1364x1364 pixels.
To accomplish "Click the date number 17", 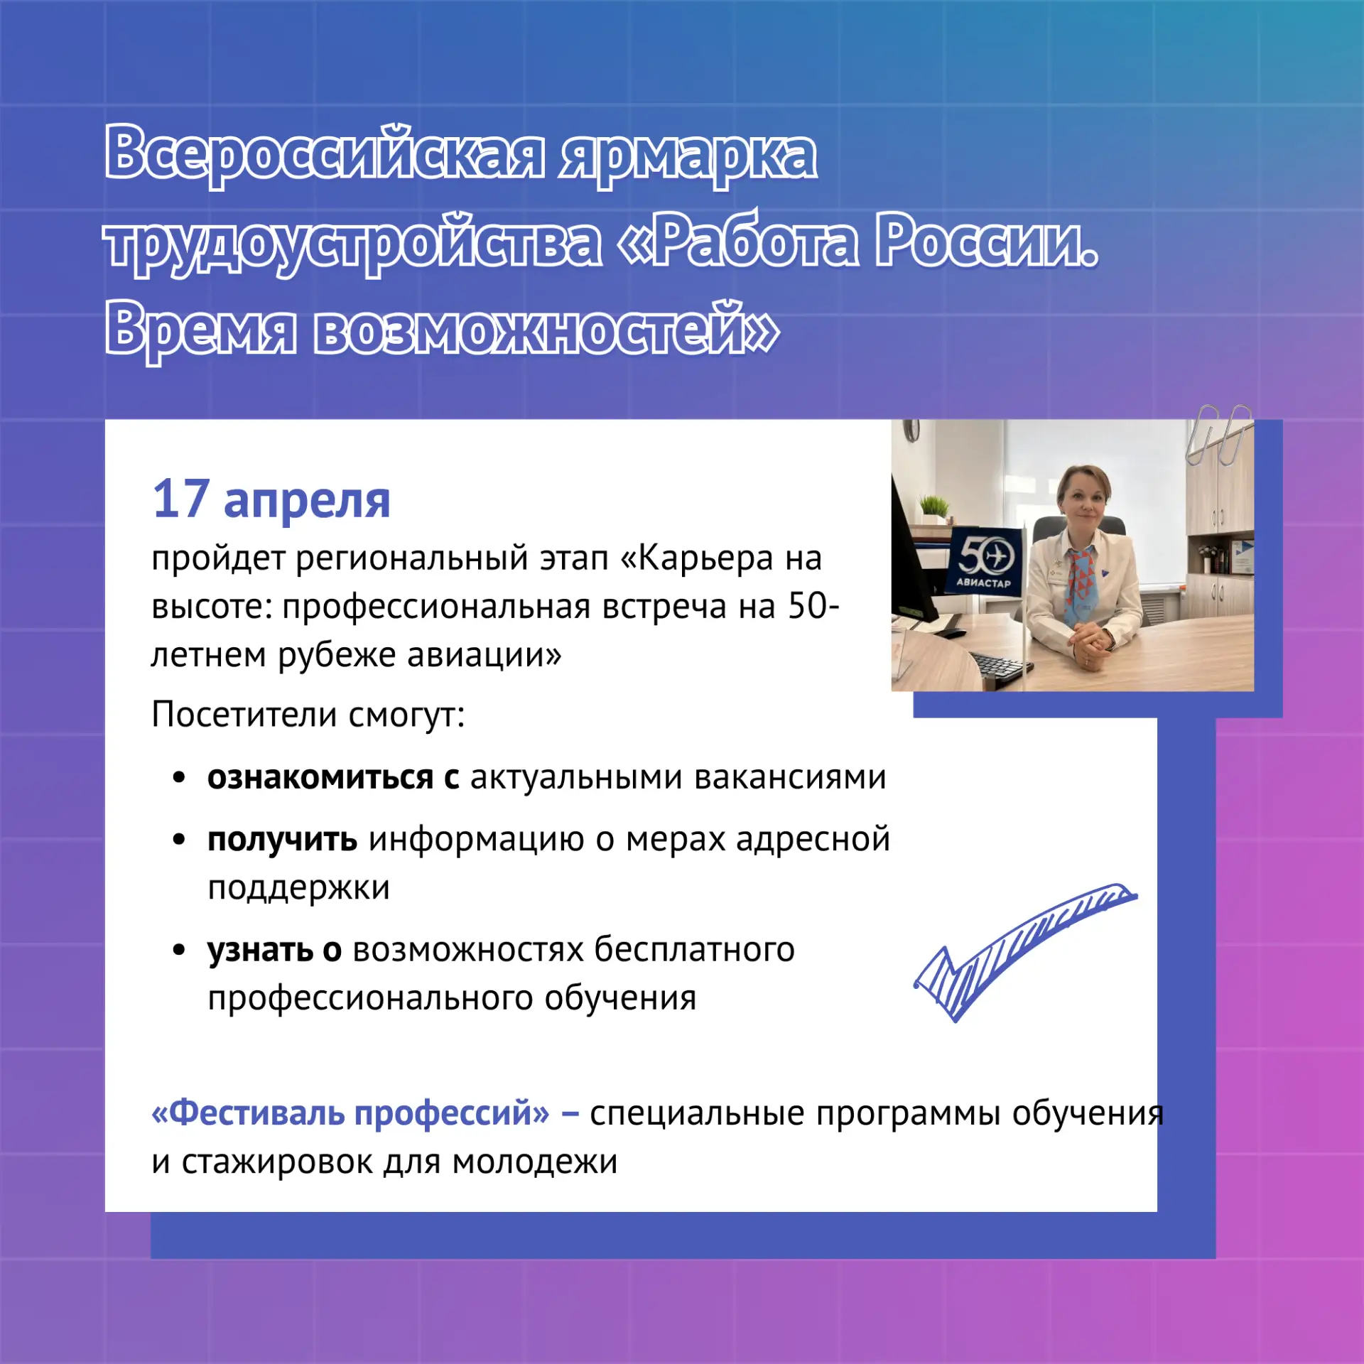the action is click(x=181, y=499).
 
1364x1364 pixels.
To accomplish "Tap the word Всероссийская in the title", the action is click(x=325, y=153).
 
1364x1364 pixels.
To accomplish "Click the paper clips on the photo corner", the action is click(x=1219, y=435).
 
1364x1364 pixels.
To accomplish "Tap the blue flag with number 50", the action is click(x=985, y=561).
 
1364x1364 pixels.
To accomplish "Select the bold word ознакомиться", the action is click(x=320, y=777).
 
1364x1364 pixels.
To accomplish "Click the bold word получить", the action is click(x=282, y=840).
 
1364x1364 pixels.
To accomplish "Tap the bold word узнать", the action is click(x=260, y=950).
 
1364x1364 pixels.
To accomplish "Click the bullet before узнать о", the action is click(x=179, y=949).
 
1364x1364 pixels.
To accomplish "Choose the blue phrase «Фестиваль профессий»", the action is click(x=351, y=1113).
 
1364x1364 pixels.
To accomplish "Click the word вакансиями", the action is click(x=790, y=777).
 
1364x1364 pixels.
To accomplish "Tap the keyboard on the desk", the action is click(x=1002, y=666).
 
